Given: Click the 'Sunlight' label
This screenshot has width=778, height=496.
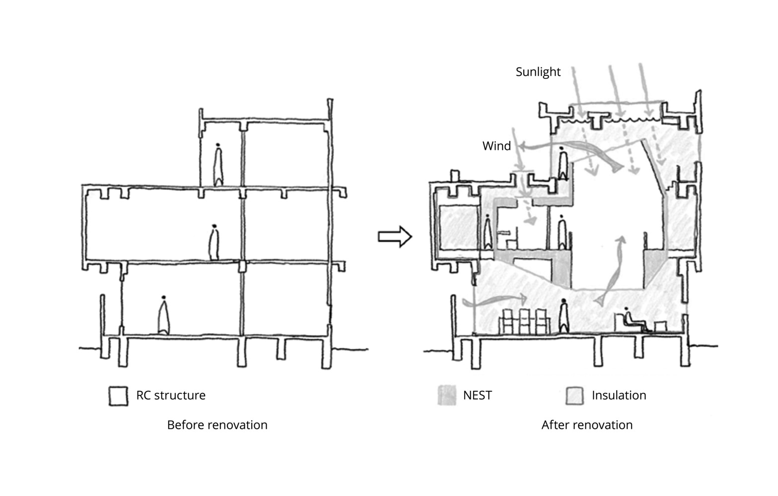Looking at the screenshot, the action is click(x=538, y=72).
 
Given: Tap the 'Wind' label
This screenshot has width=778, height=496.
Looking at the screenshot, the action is click(x=496, y=146).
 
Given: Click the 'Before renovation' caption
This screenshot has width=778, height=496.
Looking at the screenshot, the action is click(x=217, y=425).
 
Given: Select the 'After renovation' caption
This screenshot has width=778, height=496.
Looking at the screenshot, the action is click(x=587, y=425).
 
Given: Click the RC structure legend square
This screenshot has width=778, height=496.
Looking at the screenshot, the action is click(x=118, y=396).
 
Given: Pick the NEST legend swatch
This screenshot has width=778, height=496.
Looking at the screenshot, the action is click(x=447, y=395).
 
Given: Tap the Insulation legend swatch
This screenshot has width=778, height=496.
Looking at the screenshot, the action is click(x=574, y=396).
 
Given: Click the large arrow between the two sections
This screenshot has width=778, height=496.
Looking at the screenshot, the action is click(x=395, y=237).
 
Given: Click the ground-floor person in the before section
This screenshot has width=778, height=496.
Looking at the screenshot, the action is click(x=163, y=315).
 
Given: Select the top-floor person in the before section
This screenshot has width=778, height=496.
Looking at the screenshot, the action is click(x=218, y=165).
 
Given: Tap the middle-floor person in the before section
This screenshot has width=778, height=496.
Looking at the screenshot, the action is click(x=214, y=242).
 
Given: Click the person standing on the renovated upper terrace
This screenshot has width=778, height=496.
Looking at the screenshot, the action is click(x=563, y=163).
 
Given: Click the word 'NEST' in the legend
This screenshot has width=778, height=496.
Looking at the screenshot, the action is click(x=478, y=395).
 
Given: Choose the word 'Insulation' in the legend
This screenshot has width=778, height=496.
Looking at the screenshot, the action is click(x=619, y=395).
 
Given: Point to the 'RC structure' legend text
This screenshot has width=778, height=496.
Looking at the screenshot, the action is click(x=171, y=395).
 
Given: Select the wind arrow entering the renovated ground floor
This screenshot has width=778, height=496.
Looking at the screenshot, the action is click(x=495, y=301).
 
